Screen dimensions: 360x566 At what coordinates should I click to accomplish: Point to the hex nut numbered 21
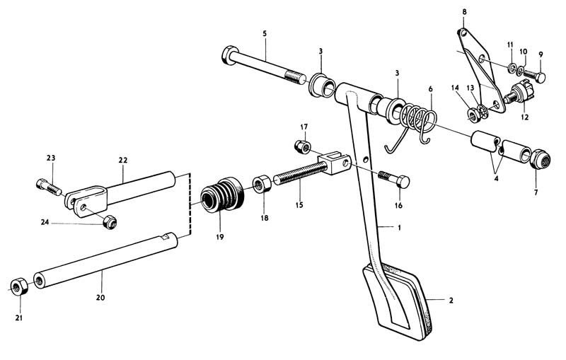click(x=18, y=286)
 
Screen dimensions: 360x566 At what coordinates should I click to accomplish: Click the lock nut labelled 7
click(x=541, y=161)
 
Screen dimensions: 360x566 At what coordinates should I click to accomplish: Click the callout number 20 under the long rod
click(x=100, y=298)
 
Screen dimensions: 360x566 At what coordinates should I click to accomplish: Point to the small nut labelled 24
click(x=109, y=223)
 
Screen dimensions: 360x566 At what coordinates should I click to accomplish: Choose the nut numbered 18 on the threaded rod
click(x=259, y=185)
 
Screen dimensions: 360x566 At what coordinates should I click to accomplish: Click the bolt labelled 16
click(x=393, y=178)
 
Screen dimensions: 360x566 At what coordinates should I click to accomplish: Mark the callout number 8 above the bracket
click(x=464, y=12)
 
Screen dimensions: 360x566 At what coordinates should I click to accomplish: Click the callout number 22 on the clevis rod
click(x=122, y=161)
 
